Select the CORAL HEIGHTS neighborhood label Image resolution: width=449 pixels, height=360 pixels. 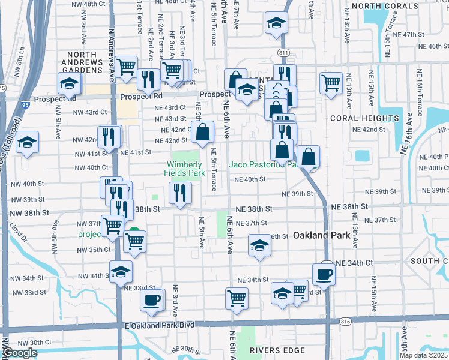click(364, 118)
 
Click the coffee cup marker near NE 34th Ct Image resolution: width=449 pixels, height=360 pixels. click(324, 274)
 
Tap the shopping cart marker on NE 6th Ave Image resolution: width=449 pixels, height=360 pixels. click(237, 298)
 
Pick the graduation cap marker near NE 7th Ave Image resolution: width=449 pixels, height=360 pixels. click(276, 23)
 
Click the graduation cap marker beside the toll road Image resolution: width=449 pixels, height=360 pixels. click(27, 143)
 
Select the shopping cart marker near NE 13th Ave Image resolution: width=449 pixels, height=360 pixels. click(331, 83)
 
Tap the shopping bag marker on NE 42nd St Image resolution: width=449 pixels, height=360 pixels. click(203, 131)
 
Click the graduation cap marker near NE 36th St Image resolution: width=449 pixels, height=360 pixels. click(259, 245)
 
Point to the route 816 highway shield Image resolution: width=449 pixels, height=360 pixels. click(345, 322)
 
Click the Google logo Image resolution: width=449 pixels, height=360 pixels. click(20, 353)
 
